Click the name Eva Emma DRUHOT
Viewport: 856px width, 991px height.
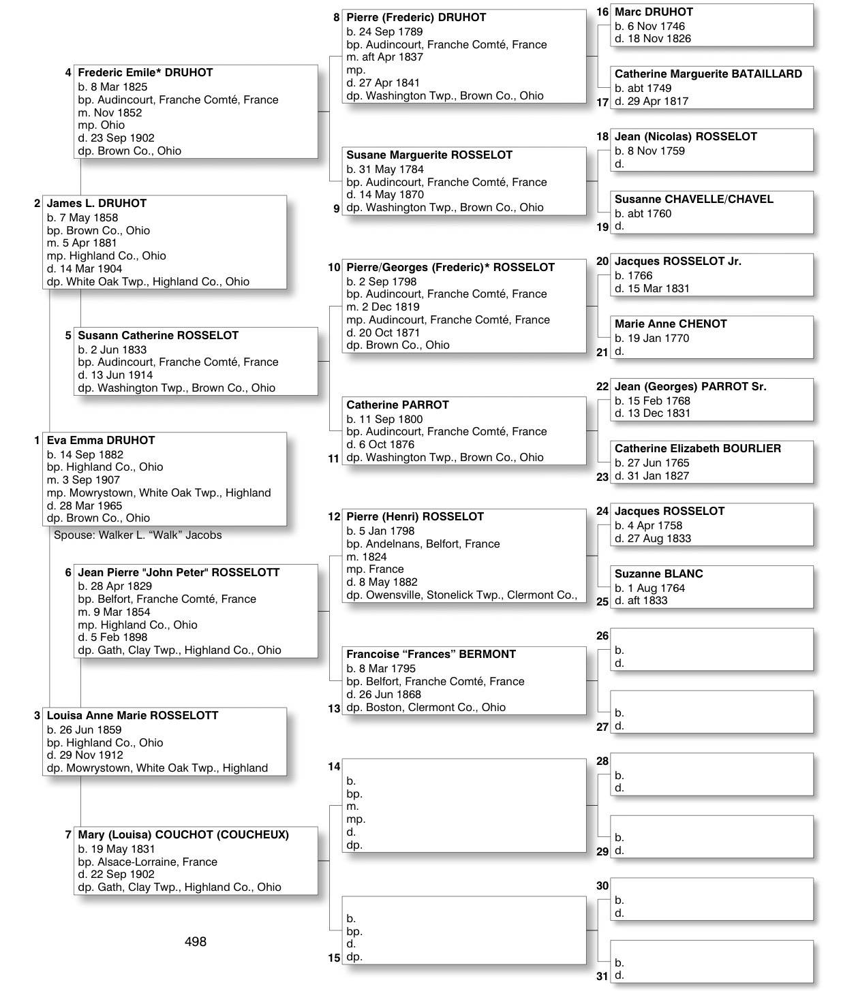tap(101, 440)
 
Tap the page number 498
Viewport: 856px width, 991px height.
tap(196, 941)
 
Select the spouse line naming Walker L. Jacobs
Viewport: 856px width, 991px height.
tap(138, 535)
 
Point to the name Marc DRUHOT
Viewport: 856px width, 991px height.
tap(654, 12)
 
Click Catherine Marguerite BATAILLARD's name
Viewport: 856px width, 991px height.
tap(708, 74)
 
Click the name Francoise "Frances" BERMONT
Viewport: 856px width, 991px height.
tap(431, 655)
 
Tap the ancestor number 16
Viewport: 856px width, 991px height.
tap(602, 12)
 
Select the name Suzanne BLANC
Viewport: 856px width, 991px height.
tap(658, 574)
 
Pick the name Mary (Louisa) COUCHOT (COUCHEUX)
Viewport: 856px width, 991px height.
tap(183, 835)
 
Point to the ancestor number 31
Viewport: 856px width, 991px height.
tap(602, 976)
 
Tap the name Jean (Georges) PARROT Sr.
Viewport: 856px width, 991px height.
tap(690, 387)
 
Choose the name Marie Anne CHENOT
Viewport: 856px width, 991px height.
tap(671, 324)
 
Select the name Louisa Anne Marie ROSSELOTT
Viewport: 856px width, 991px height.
tap(132, 716)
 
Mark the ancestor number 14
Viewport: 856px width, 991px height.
tap(334, 767)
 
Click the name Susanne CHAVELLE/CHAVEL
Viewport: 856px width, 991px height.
tap(694, 200)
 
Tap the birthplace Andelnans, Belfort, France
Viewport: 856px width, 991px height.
tap(423, 544)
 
